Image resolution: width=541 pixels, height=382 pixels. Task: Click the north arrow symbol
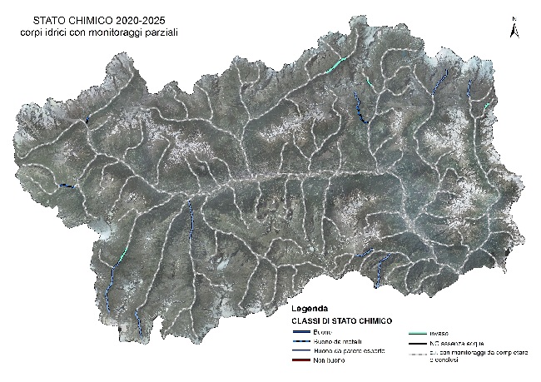pos(515,30)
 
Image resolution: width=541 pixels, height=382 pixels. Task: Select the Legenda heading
pos(310,307)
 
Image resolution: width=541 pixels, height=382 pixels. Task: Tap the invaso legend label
pos(440,333)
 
